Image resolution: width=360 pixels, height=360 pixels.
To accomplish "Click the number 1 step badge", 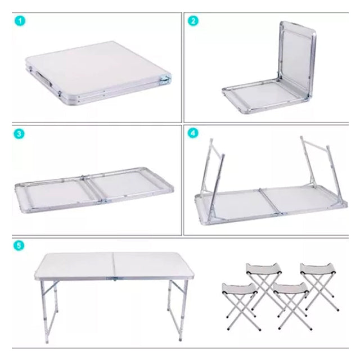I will [x=20, y=21].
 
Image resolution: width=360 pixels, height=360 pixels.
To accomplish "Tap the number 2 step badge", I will [x=193, y=21].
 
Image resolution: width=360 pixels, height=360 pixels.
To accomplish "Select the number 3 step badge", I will [x=20, y=134].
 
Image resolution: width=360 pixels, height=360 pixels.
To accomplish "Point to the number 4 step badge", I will [x=193, y=134].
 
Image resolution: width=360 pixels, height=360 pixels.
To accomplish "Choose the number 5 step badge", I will [x=20, y=246].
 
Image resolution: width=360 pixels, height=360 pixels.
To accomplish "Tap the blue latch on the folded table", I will [x=165, y=80].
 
